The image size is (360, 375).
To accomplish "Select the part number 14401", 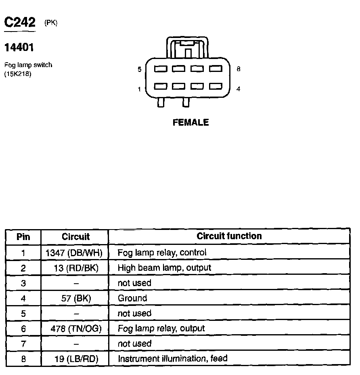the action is [19, 48].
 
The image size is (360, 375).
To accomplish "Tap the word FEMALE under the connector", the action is [190, 122].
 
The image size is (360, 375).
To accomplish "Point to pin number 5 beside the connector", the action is [140, 70].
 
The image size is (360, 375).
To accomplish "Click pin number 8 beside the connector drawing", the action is [239, 69].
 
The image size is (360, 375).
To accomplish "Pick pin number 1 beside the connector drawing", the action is [140, 89].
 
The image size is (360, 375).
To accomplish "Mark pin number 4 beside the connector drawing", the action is [239, 89].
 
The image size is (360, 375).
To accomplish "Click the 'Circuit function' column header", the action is [229, 236].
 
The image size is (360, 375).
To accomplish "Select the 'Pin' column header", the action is [23, 236].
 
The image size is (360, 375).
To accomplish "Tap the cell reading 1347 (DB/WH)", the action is [74, 253].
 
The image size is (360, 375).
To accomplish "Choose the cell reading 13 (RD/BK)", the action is [76, 268].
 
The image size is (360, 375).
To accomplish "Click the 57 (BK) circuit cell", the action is [77, 299].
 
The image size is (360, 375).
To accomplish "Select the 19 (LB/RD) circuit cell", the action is [76, 359].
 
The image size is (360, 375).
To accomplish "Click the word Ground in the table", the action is [132, 299].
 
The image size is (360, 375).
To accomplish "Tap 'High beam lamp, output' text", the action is [164, 268].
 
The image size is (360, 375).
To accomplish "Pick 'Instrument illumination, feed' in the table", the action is [172, 358].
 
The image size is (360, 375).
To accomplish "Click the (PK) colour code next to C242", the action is [51, 23].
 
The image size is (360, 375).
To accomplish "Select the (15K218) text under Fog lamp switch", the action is [18, 74].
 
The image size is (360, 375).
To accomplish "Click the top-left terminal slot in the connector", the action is [161, 69].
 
